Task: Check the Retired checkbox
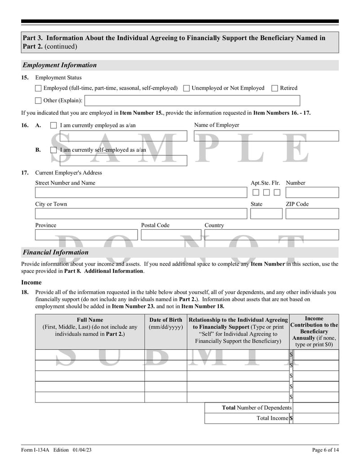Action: (275, 88)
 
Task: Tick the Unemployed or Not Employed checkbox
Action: (186, 88)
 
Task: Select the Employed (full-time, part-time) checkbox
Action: (38, 88)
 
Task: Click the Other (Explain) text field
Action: (192, 100)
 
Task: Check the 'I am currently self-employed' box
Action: (54, 150)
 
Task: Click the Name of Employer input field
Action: (266, 136)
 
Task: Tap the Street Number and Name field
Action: (141, 193)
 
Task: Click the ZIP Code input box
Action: (312, 214)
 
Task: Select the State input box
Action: (266, 214)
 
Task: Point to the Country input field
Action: (271, 235)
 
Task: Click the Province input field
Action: (86, 235)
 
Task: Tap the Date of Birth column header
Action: (166, 323)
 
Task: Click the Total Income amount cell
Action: (316, 418)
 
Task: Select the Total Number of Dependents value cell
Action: (316, 407)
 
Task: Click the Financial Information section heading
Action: (56, 253)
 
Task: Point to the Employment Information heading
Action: (60, 65)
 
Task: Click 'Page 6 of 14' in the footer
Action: (325, 450)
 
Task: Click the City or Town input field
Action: (141, 214)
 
